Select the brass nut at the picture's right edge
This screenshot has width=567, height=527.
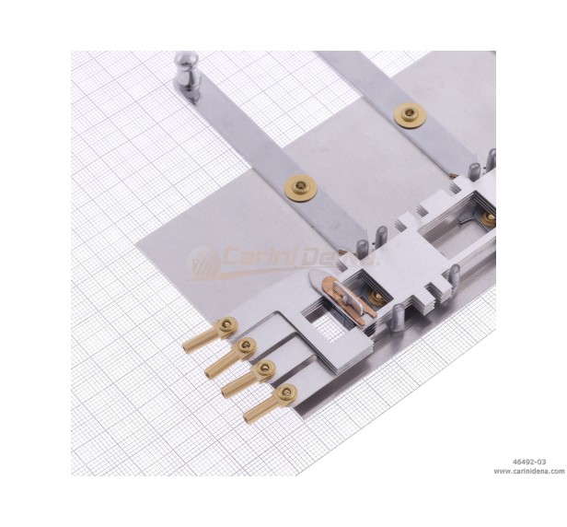[489, 218]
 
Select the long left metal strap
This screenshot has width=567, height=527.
[276, 157]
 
